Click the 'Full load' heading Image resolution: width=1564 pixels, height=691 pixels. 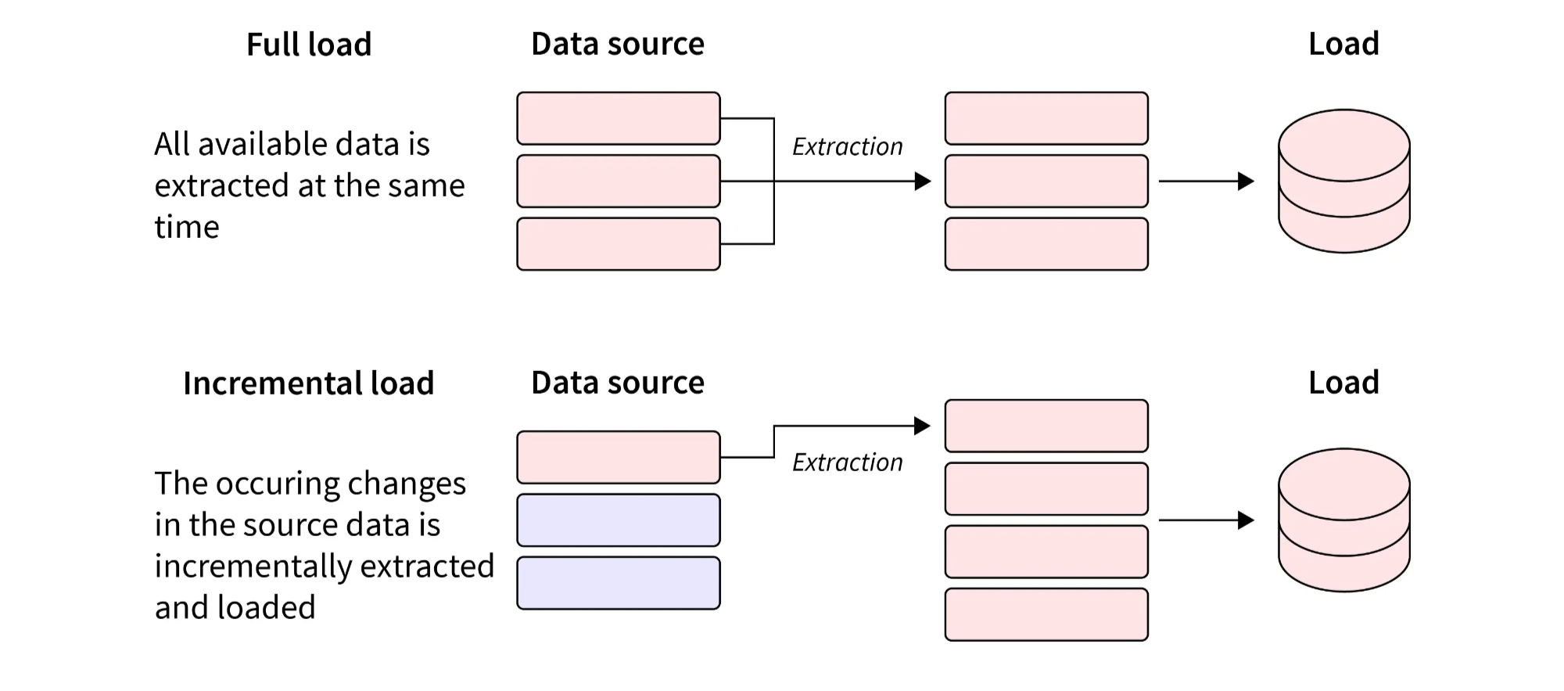click(x=309, y=45)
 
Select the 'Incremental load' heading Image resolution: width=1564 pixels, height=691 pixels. click(x=308, y=383)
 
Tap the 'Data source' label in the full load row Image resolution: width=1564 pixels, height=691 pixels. click(x=617, y=44)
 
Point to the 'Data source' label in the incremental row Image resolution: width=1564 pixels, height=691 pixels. click(x=617, y=383)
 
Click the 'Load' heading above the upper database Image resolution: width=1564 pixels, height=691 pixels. click(x=1343, y=44)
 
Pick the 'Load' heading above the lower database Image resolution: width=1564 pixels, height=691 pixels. click(x=1343, y=383)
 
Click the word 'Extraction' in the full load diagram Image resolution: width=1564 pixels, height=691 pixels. click(x=847, y=146)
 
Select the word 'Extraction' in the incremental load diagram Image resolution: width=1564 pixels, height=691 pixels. click(x=847, y=462)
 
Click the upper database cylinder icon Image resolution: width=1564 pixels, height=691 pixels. click(x=1343, y=181)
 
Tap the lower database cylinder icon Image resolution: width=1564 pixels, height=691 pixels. click(x=1343, y=520)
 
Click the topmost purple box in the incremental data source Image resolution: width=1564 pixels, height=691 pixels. click(x=618, y=520)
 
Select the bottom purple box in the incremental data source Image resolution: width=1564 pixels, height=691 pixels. click(x=618, y=583)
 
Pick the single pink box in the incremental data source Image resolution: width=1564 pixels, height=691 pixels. click(x=618, y=457)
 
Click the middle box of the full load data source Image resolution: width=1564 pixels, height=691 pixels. click(x=618, y=181)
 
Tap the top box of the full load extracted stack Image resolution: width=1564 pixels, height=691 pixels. click(x=1046, y=118)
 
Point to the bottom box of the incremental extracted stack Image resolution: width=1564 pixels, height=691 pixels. click(x=1046, y=614)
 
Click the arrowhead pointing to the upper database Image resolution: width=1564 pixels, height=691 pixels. click(x=1246, y=181)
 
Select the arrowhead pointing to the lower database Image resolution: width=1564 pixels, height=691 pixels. click(x=1246, y=520)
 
